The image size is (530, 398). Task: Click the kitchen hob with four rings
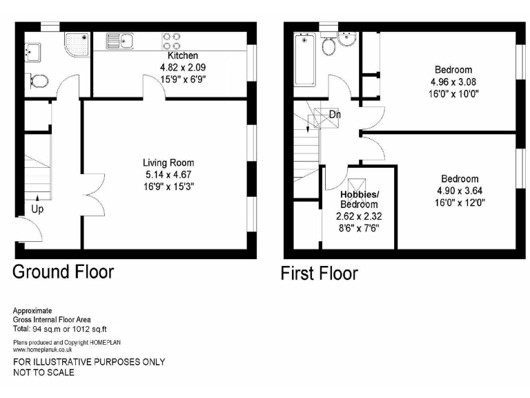coord(172,41)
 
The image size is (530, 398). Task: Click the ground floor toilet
coord(39,82)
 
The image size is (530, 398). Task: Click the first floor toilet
coord(329,46)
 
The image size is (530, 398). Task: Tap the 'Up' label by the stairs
coord(37,208)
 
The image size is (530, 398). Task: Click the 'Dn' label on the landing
coord(334,115)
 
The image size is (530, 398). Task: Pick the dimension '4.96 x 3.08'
coord(453,82)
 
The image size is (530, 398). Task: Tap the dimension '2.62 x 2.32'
coord(359,216)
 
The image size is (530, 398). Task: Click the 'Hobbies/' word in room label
coord(358,194)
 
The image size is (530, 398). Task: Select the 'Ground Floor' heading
coord(63,271)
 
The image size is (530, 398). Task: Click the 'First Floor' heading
coord(319,274)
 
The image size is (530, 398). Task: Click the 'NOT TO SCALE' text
coord(44,372)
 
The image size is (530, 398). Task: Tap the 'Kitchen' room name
coord(183,55)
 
